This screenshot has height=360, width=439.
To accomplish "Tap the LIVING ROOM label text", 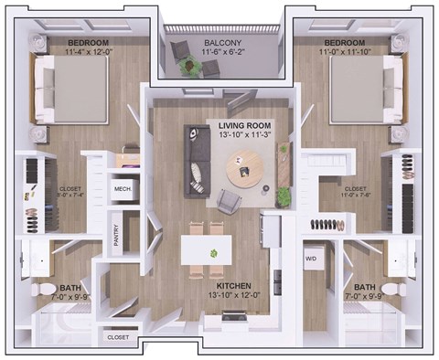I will pos(244,125).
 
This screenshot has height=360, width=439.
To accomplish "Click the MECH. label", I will pos(122,189).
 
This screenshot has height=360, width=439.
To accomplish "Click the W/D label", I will pos(310,258).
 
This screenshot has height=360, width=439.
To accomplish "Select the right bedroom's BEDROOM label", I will pos(346,43).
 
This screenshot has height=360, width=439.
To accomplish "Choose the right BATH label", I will pos(364,286).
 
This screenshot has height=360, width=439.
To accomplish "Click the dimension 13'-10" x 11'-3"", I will pos(244,136).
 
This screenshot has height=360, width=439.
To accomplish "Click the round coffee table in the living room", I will pos(244,166).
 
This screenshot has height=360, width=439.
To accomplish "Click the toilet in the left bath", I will pos(43,291).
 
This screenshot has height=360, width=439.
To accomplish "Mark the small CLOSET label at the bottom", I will pos(118,337).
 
